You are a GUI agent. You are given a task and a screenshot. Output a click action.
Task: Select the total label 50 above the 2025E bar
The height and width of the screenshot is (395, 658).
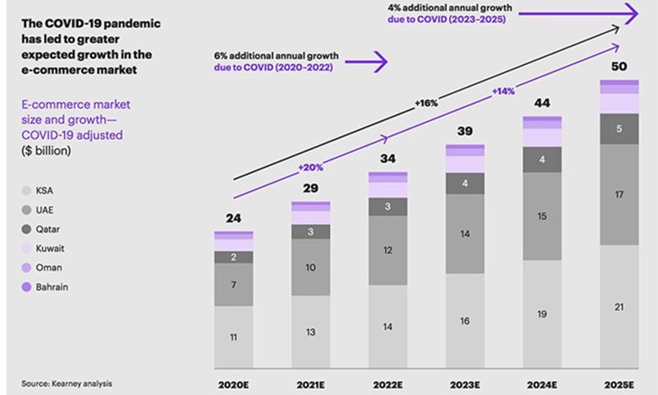tap(620, 68)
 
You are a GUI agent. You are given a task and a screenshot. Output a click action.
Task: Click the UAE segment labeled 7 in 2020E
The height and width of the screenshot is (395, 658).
tap(233, 285)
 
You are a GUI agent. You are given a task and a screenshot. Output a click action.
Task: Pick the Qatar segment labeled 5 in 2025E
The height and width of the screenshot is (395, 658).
tap(620, 129)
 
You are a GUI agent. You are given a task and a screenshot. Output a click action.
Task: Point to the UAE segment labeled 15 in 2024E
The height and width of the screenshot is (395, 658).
tap(543, 216)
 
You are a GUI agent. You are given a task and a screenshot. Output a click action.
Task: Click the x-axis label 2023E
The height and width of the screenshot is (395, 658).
tap(465, 384)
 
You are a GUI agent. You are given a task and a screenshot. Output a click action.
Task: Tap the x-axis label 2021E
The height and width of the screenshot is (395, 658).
tap(311, 384)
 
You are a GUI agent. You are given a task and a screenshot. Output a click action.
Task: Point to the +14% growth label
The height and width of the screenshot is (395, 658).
tap(504, 90)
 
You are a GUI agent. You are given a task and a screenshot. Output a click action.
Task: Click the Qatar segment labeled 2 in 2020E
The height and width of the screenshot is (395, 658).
tap(233, 257)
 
